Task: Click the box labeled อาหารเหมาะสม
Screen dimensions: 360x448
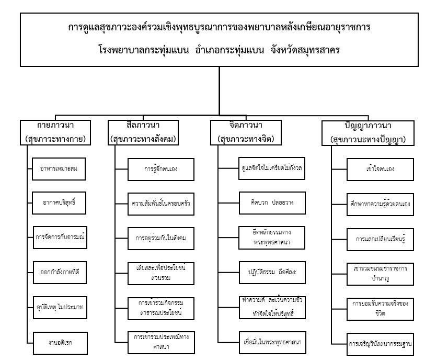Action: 58,168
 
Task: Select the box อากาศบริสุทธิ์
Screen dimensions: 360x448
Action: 58,201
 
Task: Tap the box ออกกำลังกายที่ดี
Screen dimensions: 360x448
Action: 58,271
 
